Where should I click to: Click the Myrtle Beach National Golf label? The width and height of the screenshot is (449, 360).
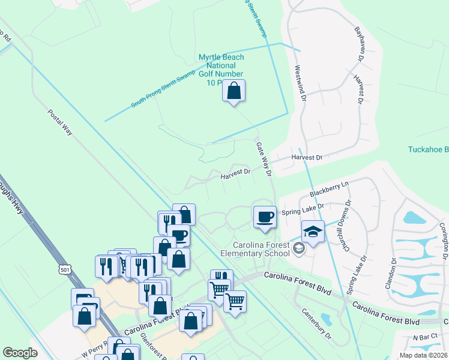[x=221, y=70]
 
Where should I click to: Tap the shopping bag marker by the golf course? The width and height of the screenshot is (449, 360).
[x=234, y=92]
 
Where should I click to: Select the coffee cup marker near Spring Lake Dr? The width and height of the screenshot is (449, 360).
[x=264, y=217]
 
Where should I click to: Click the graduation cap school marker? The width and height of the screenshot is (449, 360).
[x=313, y=232]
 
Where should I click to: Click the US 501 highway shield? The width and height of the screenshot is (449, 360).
[x=65, y=270]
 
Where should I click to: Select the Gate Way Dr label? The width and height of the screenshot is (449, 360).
[x=264, y=159]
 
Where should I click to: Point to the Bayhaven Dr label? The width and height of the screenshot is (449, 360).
[x=360, y=44]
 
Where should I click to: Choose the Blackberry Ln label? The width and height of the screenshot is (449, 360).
[x=329, y=189]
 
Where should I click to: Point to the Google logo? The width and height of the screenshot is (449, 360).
[x=20, y=352]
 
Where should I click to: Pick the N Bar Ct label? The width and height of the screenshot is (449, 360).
[x=425, y=338]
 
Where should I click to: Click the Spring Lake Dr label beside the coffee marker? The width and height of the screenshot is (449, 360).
[x=303, y=209]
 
